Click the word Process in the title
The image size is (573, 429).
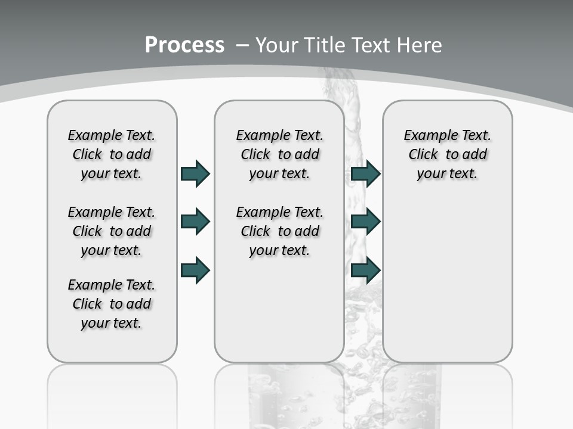pyautogui.click(x=184, y=45)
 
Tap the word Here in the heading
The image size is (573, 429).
pyautogui.click(x=419, y=45)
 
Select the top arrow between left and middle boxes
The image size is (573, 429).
pyautogui.click(x=195, y=173)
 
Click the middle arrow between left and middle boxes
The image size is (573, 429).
pyautogui.click(x=195, y=222)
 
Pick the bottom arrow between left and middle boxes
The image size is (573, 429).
pyautogui.click(x=195, y=271)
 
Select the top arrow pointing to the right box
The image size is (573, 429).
pyautogui.click(x=365, y=173)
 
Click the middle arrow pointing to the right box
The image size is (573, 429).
pyautogui.click(x=365, y=222)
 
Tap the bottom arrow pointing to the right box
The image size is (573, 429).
pyautogui.click(x=365, y=271)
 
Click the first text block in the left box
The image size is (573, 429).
pyautogui.click(x=112, y=154)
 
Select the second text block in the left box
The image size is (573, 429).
pyautogui.click(x=112, y=231)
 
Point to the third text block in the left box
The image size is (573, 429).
pyautogui.click(x=112, y=304)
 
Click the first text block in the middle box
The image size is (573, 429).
pyautogui.click(x=279, y=154)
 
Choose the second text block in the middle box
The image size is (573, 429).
pyautogui.click(x=279, y=231)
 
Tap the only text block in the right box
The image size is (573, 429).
pyautogui.click(x=447, y=154)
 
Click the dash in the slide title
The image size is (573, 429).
pyautogui.click(x=242, y=45)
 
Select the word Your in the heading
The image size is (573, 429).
pyautogui.click(x=277, y=45)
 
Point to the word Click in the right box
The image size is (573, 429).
pyautogui.click(x=423, y=155)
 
